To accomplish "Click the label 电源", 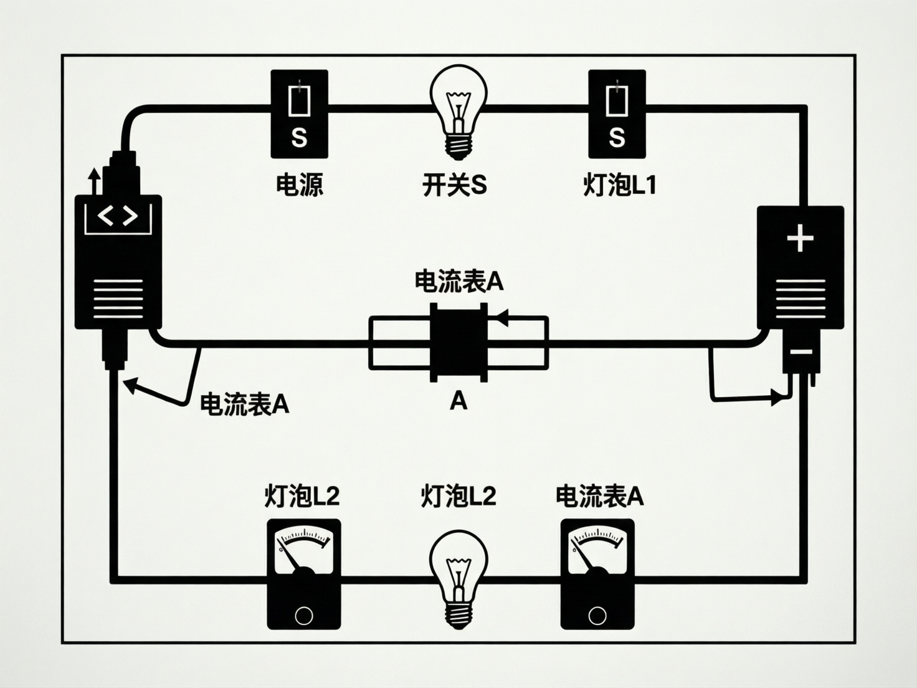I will click(x=300, y=185).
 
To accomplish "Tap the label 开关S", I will click(x=454, y=185).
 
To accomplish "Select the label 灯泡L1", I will click(x=619, y=185).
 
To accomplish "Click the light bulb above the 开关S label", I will click(x=458, y=112).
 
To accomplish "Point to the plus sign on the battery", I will click(x=801, y=239).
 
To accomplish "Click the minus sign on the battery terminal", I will click(x=801, y=353).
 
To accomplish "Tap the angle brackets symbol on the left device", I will click(x=118, y=217).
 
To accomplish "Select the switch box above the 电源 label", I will click(x=299, y=113).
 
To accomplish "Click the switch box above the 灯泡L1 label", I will click(x=617, y=113).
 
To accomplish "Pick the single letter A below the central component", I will click(x=458, y=401).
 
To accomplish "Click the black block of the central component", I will click(x=458, y=343).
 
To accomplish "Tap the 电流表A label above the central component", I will click(x=458, y=282).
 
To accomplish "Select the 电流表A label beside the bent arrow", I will click(x=244, y=404).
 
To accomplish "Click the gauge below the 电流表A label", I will click(x=597, y=573).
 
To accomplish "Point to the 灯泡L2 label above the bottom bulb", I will click(x=458, y=496).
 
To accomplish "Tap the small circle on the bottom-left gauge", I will click(x=303, y=616).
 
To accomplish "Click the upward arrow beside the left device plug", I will click(x=94, y=181).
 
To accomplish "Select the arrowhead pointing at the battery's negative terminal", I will click(x=777, y=396).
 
